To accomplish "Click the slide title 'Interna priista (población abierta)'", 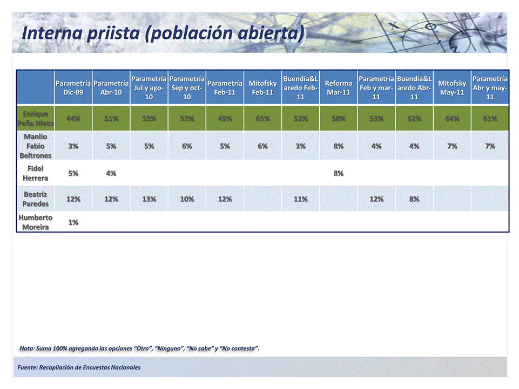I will tap(162, 33).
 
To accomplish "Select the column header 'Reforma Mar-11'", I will tap(339, 88).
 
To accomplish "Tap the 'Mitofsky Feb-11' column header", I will tap(263, 88).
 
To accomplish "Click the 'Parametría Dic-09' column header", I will tap(73, 88).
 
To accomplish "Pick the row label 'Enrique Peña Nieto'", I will tap(36, 119).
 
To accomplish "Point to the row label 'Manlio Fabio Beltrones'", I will tap(36, 146).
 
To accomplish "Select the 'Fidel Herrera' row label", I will tap(36, 173).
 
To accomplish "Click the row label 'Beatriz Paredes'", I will tap(36, 199).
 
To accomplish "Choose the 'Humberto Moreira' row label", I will tap(36, 222).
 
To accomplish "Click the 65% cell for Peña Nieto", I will tap(263, 119).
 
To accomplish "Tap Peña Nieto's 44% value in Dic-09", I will tap(73, 119).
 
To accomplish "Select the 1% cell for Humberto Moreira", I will tap(73, 223).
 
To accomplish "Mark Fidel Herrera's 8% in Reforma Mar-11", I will tap(339, 174).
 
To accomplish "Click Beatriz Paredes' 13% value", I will tap(149, 199).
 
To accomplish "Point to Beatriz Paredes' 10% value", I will tap(187, 199).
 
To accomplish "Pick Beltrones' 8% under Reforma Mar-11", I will tap(339, 146).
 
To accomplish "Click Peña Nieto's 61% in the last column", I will tap(490, 119).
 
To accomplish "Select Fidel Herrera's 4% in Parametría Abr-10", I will tap(111, 174).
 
